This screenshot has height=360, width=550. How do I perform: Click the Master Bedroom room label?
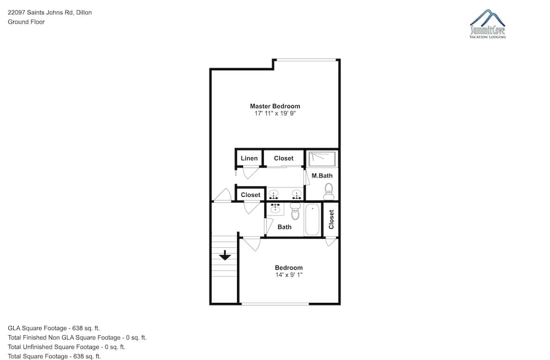pyautogui.click(x=275, y=106)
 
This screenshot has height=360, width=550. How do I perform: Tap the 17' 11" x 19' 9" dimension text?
pyautogui.click(x=275, y=113)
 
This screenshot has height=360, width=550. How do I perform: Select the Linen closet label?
pyautogui.click(x=249, y=158)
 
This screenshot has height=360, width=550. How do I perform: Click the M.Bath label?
pyautogui.click(x=322, y=176)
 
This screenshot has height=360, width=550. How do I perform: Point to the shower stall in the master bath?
pyautogui.click(x=322, y=159)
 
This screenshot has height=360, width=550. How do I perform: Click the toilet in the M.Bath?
pyautogui.click(x=329, y=191)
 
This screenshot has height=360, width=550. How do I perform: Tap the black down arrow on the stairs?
pyautogui.click(x=225, y=255)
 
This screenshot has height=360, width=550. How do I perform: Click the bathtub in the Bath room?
pyautogui.click(x=312, y=220)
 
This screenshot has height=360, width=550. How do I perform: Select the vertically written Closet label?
pyautogui.click(x=331, y=219)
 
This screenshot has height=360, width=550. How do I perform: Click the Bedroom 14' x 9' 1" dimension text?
pyautogui.click(x=289, y=275)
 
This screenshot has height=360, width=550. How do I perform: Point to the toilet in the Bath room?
pyautogui.click(x=295, y=211)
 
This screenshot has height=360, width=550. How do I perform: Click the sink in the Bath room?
pyautogui.click(x=275, y=209)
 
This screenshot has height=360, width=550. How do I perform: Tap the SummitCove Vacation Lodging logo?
pyautogui.click(x=487, y=24)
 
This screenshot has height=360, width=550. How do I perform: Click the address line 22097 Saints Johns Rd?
pyautogui.click(x=50, y=12)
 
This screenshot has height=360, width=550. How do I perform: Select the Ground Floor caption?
pyautogui.click(x=26, y=22)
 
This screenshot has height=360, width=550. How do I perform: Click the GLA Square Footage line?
pyautogui.click(x=54, y=328)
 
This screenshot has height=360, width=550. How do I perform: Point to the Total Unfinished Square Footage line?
pyautogui.click(x=67, y=347)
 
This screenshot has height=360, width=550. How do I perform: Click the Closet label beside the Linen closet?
pyautogui.click(x=284, y=158)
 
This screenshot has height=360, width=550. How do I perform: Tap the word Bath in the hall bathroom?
pyautogui.click(x=284, y=227)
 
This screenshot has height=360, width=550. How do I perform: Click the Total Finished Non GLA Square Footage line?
pyautogui.click(x=77, y=337)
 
